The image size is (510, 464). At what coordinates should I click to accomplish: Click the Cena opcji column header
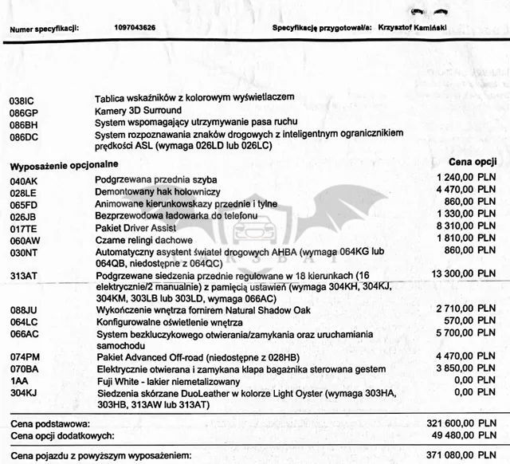tap(474, 160)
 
